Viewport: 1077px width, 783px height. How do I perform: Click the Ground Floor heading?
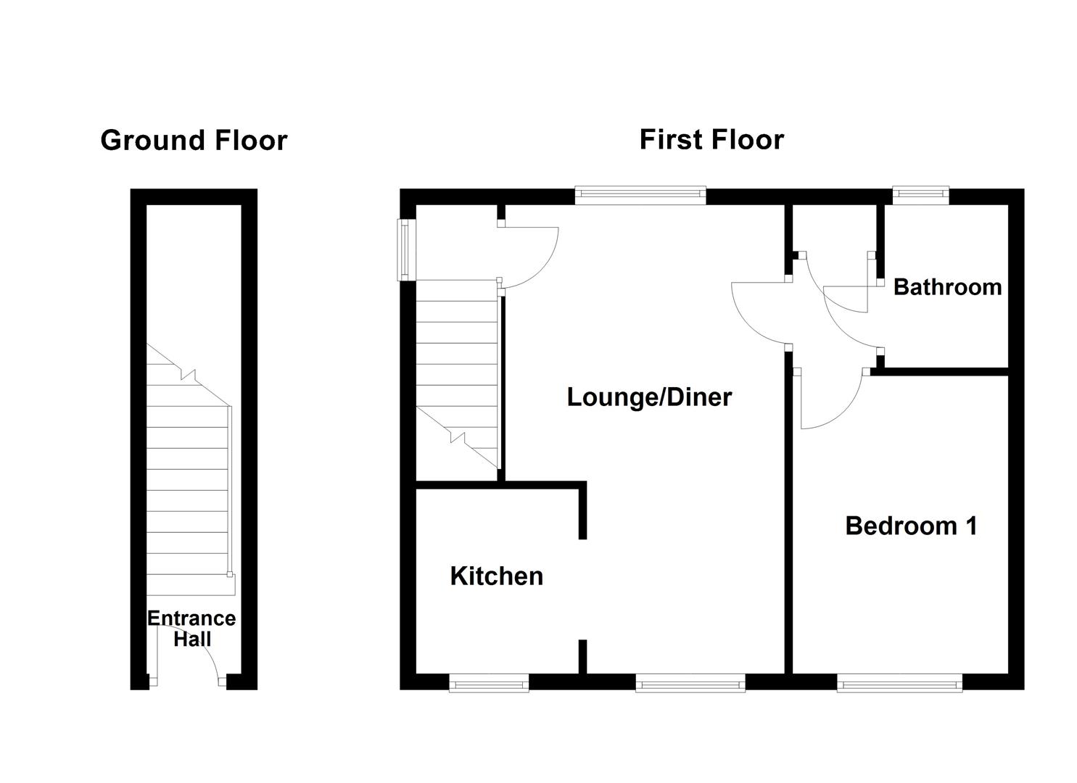194,141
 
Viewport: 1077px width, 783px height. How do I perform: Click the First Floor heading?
711,139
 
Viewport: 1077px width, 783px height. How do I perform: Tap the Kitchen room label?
496,576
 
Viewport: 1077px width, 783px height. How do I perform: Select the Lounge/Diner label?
649,397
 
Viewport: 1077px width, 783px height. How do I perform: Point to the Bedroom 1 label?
911,526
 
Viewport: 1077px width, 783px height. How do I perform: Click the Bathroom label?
947,287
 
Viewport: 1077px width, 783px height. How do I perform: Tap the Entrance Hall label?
191,629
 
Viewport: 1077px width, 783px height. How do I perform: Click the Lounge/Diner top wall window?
640,194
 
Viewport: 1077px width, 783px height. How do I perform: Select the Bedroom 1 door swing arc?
834,406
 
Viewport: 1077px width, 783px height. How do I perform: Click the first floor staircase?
457,377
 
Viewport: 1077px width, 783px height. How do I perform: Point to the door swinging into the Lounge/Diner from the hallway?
758,312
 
